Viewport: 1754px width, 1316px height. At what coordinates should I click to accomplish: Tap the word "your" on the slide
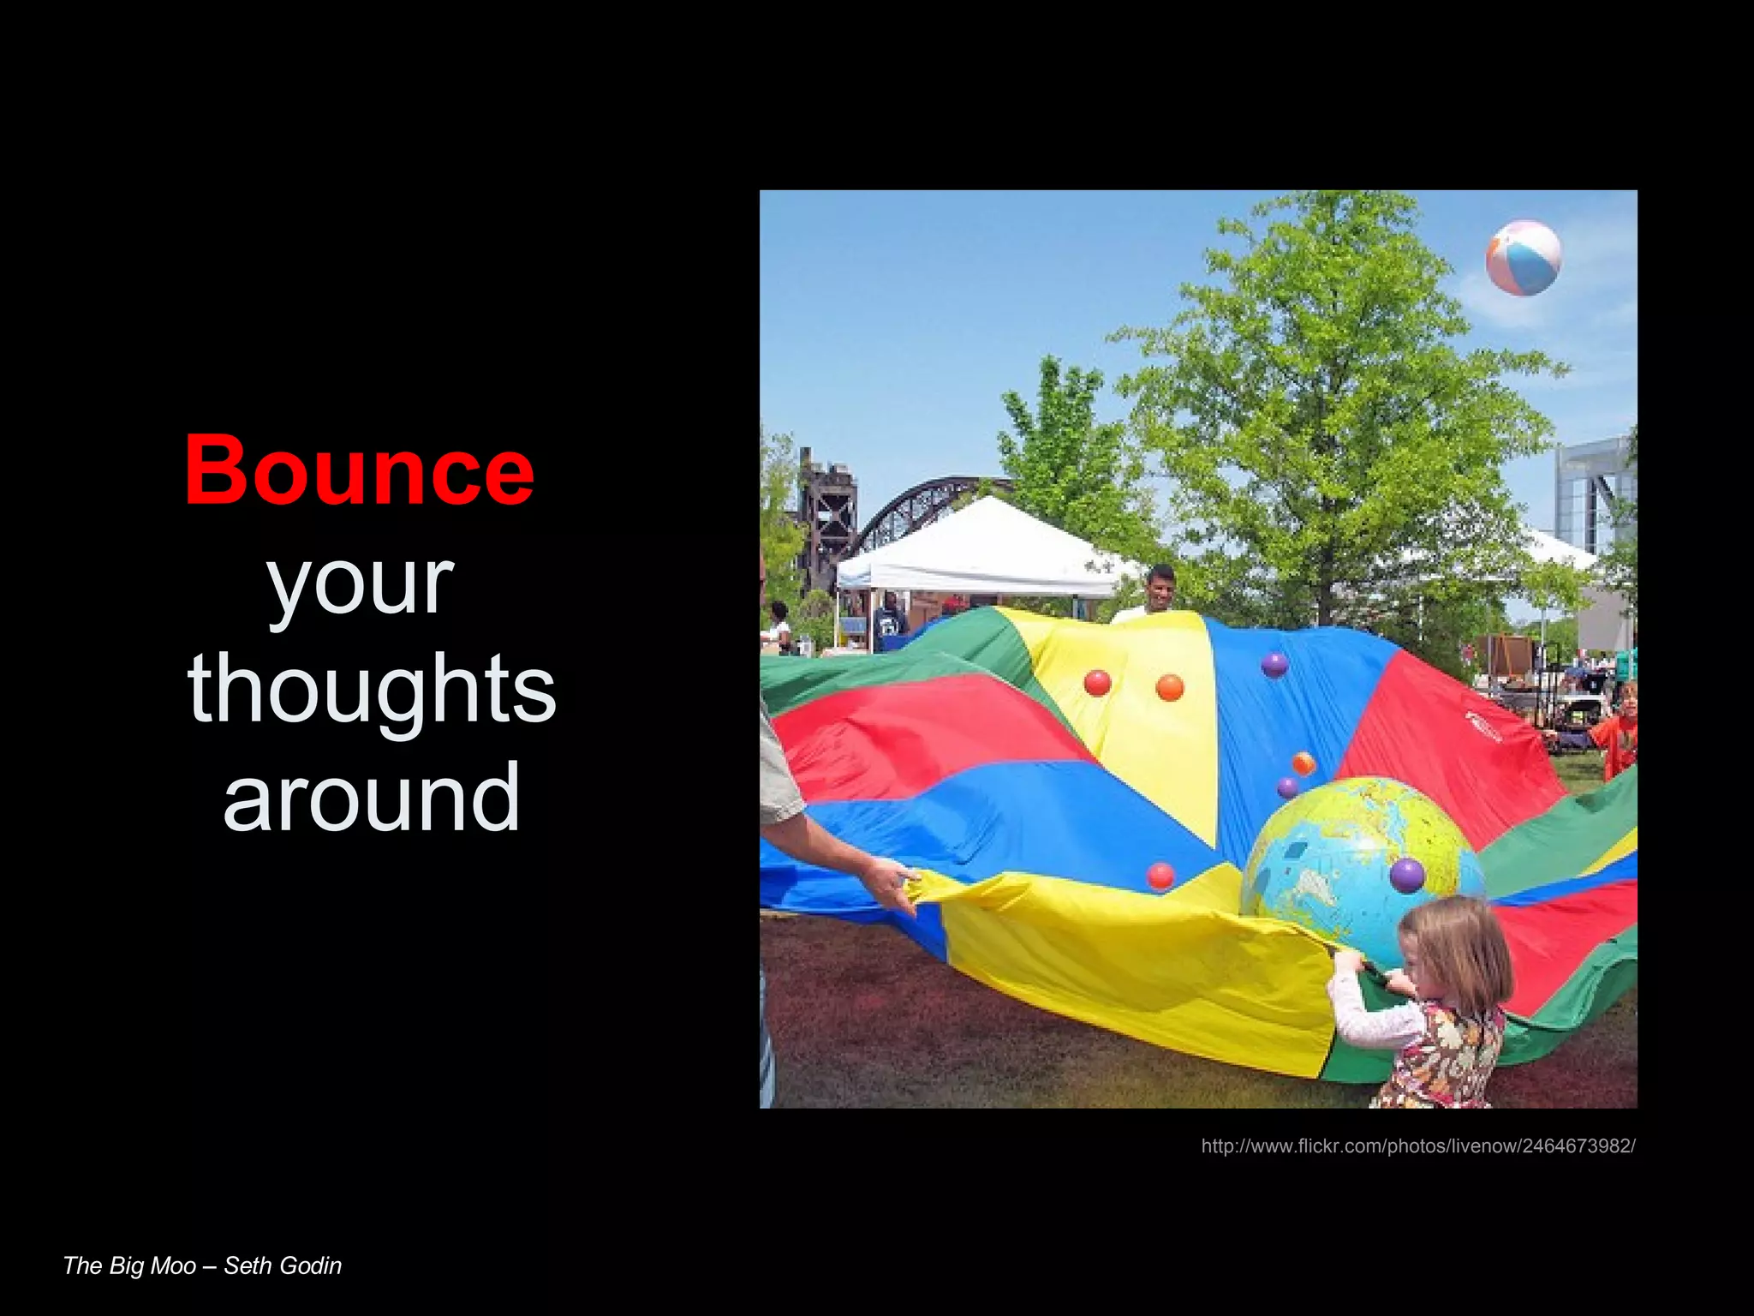(x=360, y=584)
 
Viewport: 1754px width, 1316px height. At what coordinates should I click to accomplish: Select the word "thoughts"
(x=372, y=690)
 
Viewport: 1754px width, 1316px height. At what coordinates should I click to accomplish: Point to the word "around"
(x=372, y=797)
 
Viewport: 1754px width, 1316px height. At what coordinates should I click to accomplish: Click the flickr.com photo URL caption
(x=1417, y=1146)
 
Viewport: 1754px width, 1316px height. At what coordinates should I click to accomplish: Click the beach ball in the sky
(x=1523, y=257)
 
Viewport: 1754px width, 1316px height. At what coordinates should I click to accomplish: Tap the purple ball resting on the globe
(x=1406, y=875)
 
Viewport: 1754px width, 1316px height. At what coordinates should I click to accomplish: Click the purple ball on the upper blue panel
(x=1274, y=664)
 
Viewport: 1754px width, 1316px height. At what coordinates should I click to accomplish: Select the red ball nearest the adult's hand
(x=1160, y=876)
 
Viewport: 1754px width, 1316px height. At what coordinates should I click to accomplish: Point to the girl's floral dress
(x=1447, y=1058)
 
